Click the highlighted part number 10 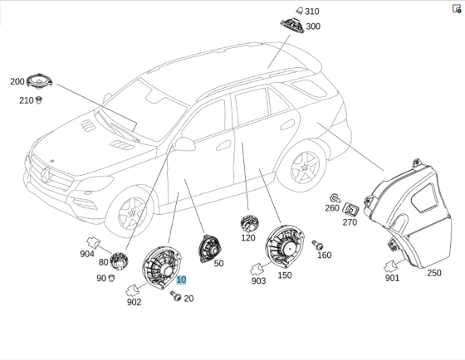[x=181, y=280]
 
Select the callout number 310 [x=311, y=12]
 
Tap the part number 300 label [x=312, y=27]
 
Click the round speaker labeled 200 [x=41, y=81]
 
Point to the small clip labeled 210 [x=38, y=100]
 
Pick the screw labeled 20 [x=174, y=297]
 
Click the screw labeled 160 [x=316, y=245]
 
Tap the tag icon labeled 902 [x=132, y=290]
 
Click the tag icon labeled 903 [x=257, y=268]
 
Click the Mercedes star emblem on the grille [x=45, y=175]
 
